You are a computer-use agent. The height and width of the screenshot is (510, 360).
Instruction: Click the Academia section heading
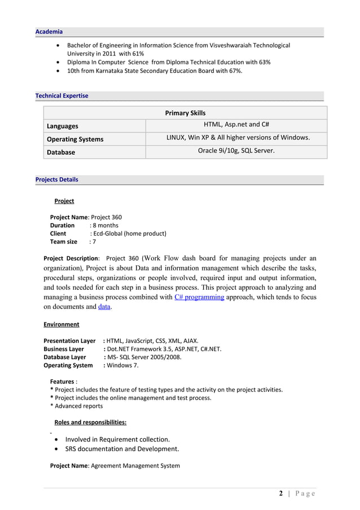[49, 32]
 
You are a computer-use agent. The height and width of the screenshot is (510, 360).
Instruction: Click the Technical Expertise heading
[62, 96]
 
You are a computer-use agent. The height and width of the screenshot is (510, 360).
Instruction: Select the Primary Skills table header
[185, 113]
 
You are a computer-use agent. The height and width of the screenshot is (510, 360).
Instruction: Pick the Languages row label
[63, 126]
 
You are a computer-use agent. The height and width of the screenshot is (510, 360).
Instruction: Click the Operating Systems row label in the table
[75, 139]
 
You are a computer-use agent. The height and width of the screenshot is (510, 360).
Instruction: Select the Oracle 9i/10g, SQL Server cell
[236, 151]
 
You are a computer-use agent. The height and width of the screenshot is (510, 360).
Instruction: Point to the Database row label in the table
[61, 152]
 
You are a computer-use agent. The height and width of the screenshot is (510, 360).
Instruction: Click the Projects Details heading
[57, 180]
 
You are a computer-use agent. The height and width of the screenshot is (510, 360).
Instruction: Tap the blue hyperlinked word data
[104, 307]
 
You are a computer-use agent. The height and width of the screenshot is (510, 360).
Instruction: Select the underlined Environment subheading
[62, 324]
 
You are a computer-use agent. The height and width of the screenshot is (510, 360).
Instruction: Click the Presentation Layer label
[69, 341]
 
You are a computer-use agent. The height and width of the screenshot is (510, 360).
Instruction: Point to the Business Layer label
[64, 349]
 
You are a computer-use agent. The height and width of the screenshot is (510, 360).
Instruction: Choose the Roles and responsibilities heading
[90, 422]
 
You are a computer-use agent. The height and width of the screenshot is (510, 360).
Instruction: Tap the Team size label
[64, 242]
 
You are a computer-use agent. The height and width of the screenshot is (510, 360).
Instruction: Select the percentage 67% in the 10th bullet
[234, 72]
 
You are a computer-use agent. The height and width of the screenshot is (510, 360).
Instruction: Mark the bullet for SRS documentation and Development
[59, 450]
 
